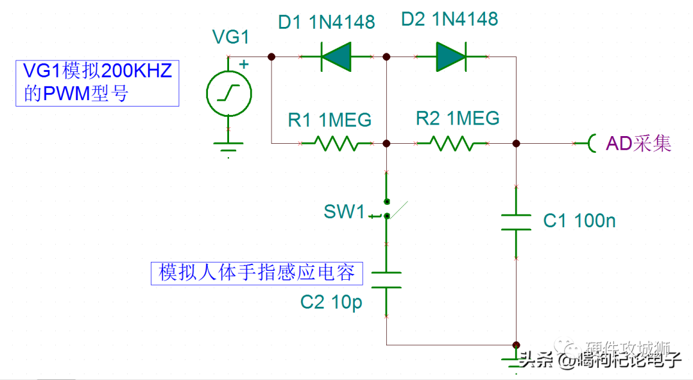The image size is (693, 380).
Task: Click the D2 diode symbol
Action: coord(452,57)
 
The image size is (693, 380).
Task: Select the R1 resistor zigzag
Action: coord(336,143)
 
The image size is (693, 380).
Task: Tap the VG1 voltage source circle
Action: coord(228,94)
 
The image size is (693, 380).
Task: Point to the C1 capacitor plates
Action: coord(515,222)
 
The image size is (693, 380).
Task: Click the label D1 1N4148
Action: coord(326,22)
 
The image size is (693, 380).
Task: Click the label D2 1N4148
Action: coord(449,19)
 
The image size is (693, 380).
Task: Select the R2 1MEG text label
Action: coord(458,118)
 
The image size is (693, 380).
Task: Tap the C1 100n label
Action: coord(579,221)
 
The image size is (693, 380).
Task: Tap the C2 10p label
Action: coord(331,302)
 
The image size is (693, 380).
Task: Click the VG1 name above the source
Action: coord(230,37)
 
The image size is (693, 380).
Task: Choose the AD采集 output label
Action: coord(638,143)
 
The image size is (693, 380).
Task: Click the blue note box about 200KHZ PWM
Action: coord(97,83)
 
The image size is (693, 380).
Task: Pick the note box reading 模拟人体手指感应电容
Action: coord(257,273)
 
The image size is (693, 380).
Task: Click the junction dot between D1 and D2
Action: coord(386,57)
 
